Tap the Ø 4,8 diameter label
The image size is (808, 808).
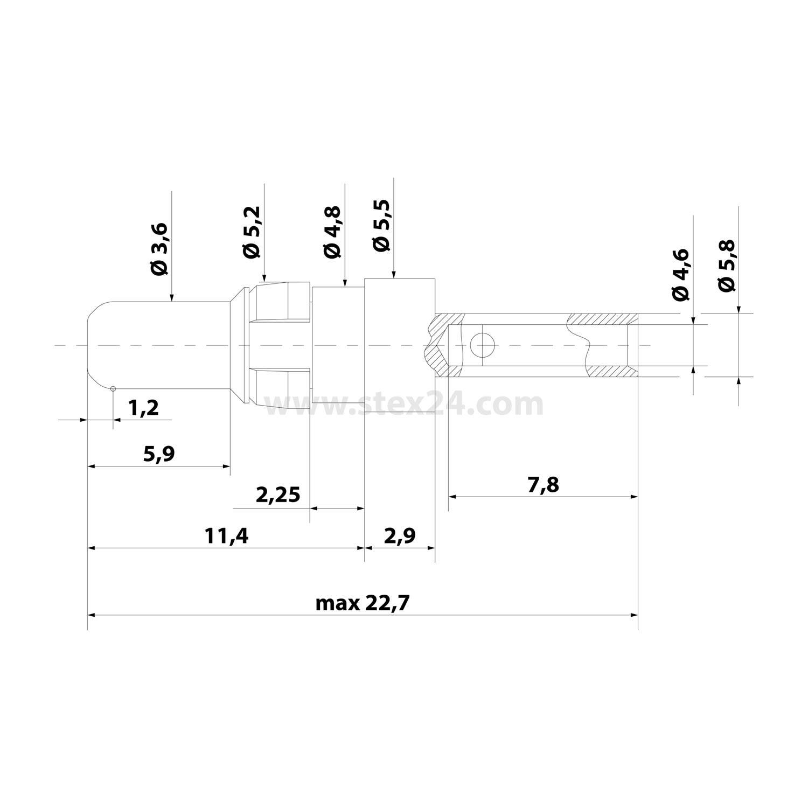(333, 232)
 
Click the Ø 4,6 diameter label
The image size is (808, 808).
(680, 275)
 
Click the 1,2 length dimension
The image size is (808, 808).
(144, 408)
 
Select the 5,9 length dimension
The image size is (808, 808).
(159, 454)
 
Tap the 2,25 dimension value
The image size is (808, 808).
(278, 494)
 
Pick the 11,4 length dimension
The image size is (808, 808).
(226, 536)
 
